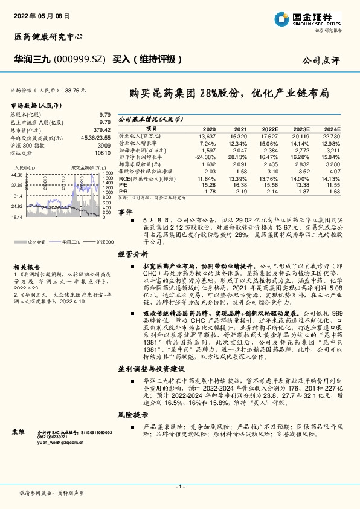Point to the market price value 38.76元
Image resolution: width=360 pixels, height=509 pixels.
(x=75, y=89)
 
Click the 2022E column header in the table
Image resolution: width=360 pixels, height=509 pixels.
(x=270, y=129)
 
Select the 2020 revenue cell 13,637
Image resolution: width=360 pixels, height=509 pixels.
(x=206, y=136)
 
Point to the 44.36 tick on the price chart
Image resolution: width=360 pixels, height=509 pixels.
(x=17, y=175)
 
